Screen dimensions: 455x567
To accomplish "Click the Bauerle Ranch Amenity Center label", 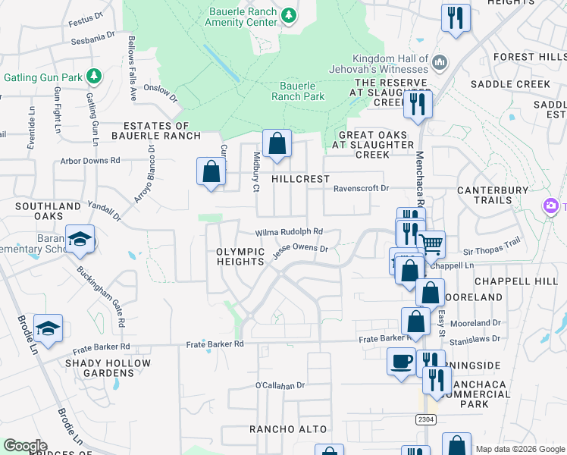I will (x=242, y=17).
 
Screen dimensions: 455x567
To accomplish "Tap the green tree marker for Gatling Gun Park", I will (x=94, y=76).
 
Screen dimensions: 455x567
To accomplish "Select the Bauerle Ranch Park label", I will (x=302, y=91).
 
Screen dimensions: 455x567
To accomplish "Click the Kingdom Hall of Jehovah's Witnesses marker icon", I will (x=440, y=61).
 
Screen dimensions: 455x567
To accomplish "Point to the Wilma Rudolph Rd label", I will (x=289, y=232).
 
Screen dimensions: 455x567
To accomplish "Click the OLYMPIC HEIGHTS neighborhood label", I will (x=240, y=256).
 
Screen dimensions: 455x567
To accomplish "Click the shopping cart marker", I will (x=431, y=243).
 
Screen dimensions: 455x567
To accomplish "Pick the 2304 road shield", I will (x=426, y=419).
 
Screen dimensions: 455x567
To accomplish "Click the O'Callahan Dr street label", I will (x=280, y=385).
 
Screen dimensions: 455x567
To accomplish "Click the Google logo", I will (x=25, y=446).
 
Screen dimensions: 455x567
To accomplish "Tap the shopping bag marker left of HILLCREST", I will (x=211, y=171).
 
